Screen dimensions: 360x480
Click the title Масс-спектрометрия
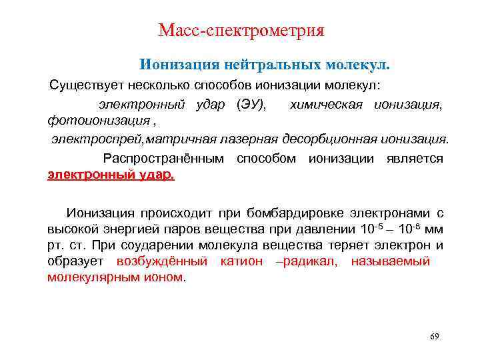[241, 31]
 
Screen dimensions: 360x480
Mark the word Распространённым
[166, 159]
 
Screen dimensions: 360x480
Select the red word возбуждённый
[162, 261]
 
